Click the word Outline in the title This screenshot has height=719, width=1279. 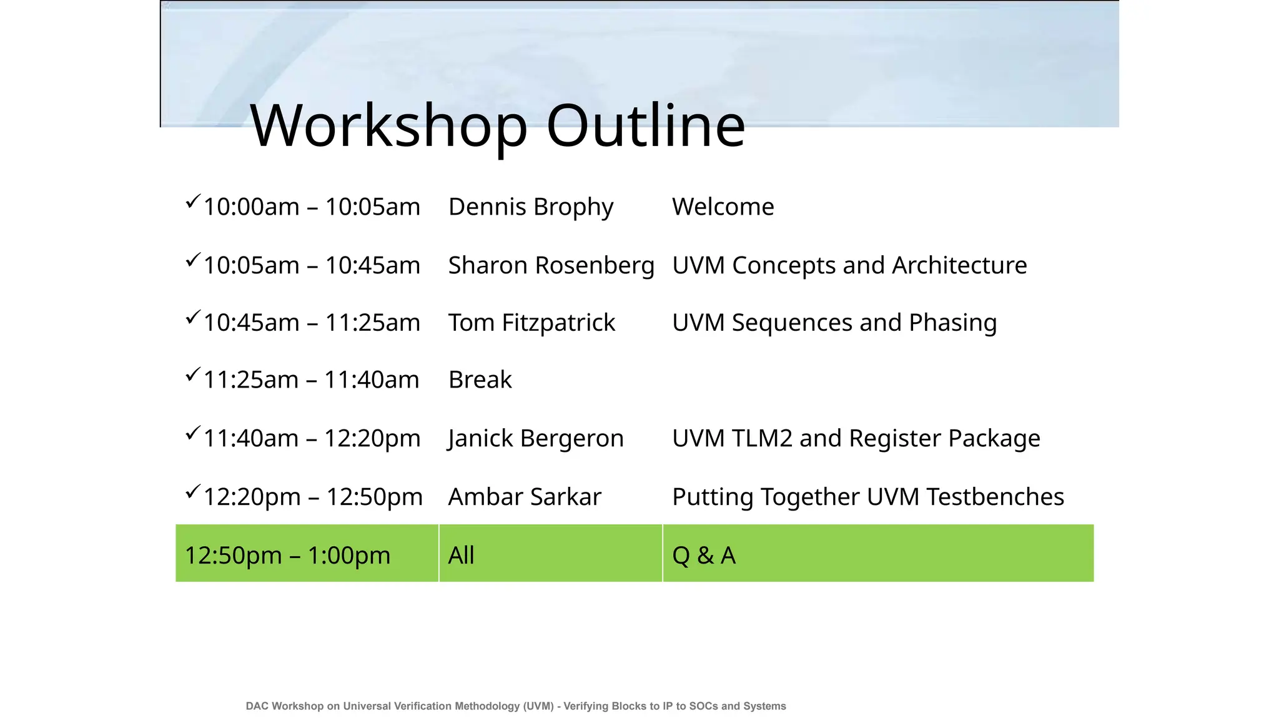point(646,126)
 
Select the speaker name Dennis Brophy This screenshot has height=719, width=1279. point(531,207)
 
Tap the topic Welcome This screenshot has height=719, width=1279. point(723,207)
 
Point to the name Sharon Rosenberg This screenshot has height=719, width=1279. point(551,265)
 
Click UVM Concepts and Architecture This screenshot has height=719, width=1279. point(849,265)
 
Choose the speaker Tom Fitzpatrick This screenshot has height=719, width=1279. point(531,323)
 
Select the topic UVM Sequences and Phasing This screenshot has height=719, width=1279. point(834,323)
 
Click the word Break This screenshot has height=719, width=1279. point(480,379)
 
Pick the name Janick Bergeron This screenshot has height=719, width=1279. point(536,438)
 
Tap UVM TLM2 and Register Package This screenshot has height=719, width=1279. point(856,438)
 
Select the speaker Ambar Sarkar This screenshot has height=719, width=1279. point(525,497)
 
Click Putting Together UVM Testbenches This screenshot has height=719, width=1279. point(868,497)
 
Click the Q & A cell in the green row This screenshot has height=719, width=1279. point(704,555)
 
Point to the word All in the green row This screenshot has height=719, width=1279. point(461,555)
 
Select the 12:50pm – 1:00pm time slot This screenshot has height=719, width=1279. point(287,555)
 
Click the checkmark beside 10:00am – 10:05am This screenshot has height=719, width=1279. point(192,202)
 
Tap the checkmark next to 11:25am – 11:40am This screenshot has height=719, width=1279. point(192,374)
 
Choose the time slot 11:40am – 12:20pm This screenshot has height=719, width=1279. point(312,438)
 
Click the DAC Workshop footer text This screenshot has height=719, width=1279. point(516,706)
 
